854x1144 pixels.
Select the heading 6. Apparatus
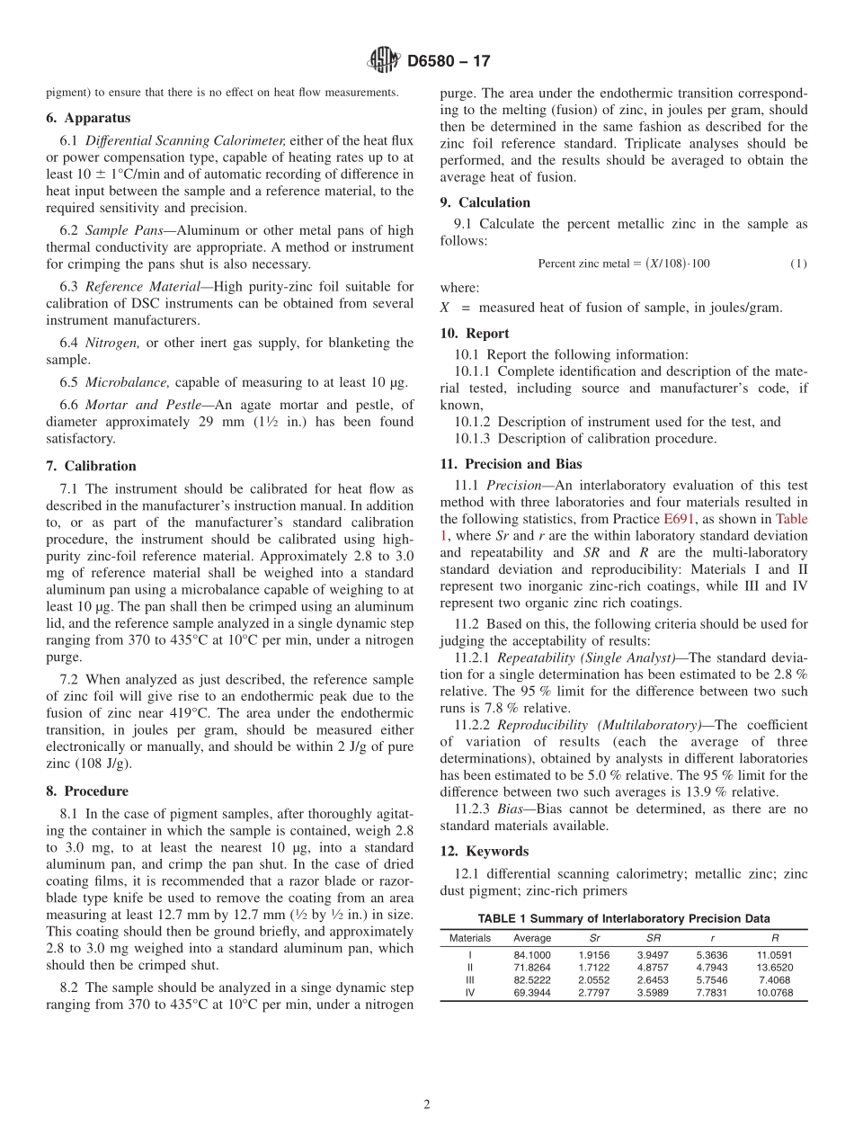88,118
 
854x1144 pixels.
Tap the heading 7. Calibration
91,466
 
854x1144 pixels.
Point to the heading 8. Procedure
87,791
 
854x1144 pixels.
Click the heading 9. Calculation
485,202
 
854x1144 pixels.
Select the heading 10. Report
475,333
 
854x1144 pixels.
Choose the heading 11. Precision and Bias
511,464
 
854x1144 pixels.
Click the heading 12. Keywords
485,851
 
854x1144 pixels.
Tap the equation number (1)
798,264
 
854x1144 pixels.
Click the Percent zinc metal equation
623,264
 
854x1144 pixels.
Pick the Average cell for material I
532,954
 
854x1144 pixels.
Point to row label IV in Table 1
470,993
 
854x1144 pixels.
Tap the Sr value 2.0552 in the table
594,980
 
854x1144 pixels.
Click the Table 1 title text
623,918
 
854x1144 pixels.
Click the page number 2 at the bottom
427,1105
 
